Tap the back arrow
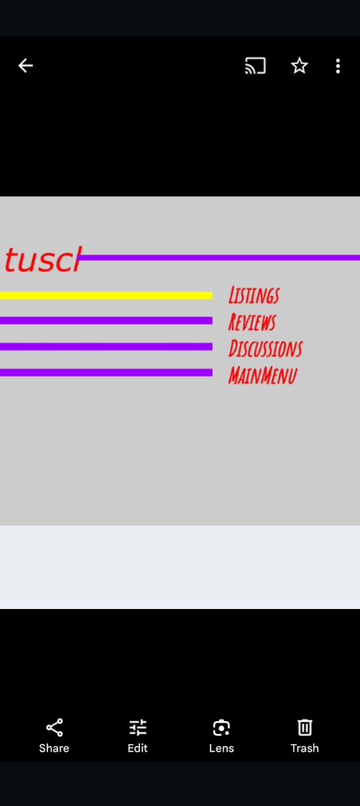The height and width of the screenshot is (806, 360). (26, 66)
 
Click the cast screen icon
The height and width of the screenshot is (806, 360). (256, 66)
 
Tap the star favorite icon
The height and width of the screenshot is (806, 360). (299, 66)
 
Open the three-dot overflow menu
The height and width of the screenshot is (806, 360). (337, 66)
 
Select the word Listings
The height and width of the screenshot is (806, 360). (254, 295)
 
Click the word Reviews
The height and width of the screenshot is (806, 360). (252, 322)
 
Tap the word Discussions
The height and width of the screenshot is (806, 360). (266, 348)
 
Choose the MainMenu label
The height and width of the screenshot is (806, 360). (263, 375)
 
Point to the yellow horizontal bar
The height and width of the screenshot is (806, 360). (106, 295)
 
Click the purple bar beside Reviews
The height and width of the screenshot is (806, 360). (106, 321)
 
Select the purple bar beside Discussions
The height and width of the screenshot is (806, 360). (106, 346)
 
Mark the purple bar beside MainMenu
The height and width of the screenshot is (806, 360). (106, 373)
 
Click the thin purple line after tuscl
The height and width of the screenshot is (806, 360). (219, 257)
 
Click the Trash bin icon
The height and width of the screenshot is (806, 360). (304, 728)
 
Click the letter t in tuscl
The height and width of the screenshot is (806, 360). (10, 259)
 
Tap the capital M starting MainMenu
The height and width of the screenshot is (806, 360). (236, 375)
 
